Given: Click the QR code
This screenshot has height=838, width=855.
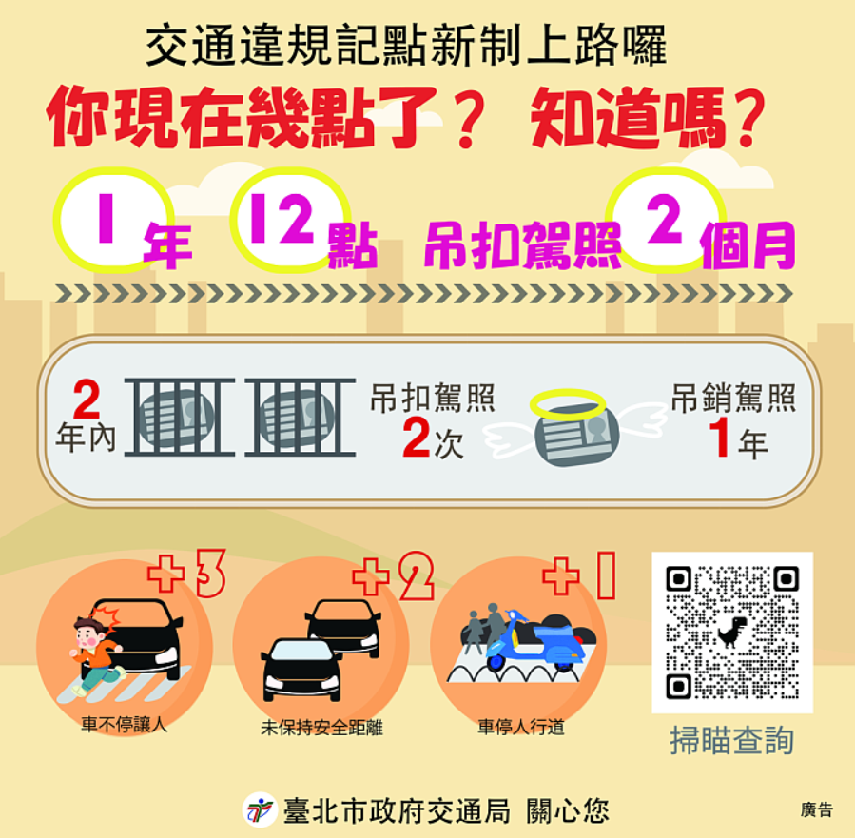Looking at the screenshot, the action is coord(732,633).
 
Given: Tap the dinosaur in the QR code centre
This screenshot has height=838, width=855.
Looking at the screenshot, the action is coord(731,632).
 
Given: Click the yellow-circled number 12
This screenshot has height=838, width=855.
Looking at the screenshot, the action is coord(282,219).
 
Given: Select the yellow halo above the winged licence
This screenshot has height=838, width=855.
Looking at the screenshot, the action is coord(568,404).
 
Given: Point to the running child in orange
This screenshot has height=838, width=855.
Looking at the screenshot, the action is coord(95,655).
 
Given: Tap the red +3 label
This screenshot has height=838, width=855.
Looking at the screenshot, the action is coord(187,575).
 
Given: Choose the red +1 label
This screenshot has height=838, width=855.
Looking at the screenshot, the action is coord(579,575).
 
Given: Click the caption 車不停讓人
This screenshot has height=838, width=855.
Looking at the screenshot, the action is coord(125,725).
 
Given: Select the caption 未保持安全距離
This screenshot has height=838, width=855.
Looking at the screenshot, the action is coord(321,728).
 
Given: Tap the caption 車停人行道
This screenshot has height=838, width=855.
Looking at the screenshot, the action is coord(521,727).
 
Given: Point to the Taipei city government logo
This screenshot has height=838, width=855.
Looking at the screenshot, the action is coord(260,809).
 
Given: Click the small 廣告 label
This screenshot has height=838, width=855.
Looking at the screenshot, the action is coord(817,810).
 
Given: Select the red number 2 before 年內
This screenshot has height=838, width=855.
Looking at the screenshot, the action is coord(87,399).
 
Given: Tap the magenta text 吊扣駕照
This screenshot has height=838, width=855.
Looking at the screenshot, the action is coord(523,245).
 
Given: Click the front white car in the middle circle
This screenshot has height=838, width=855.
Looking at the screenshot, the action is coord(301,670).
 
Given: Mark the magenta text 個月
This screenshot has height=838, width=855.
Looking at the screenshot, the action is coord(748,245).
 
